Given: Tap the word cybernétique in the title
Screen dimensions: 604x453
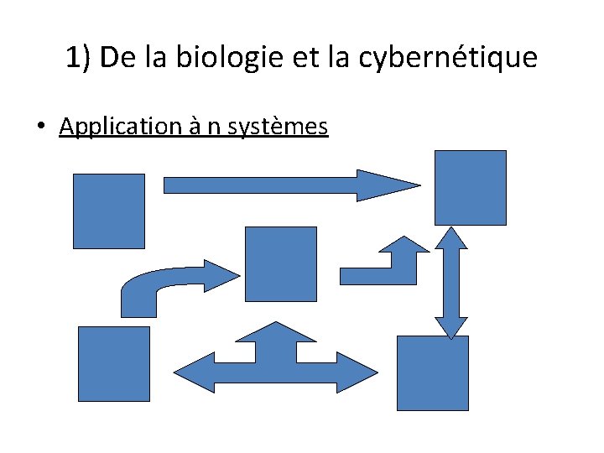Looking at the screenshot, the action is [x=450, y=58].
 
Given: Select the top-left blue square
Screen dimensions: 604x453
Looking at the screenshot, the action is [x=109, y=211].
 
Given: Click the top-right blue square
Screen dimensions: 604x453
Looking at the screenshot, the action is [x=470, y=187].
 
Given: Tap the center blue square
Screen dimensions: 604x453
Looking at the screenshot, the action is [x=280, y=263].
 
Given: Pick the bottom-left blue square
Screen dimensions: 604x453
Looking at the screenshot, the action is [x=113, y=363].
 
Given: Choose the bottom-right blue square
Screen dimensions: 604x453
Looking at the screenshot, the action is [x=432, y=372].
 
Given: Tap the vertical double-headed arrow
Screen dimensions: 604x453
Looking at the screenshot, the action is [x=451, y=283].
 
